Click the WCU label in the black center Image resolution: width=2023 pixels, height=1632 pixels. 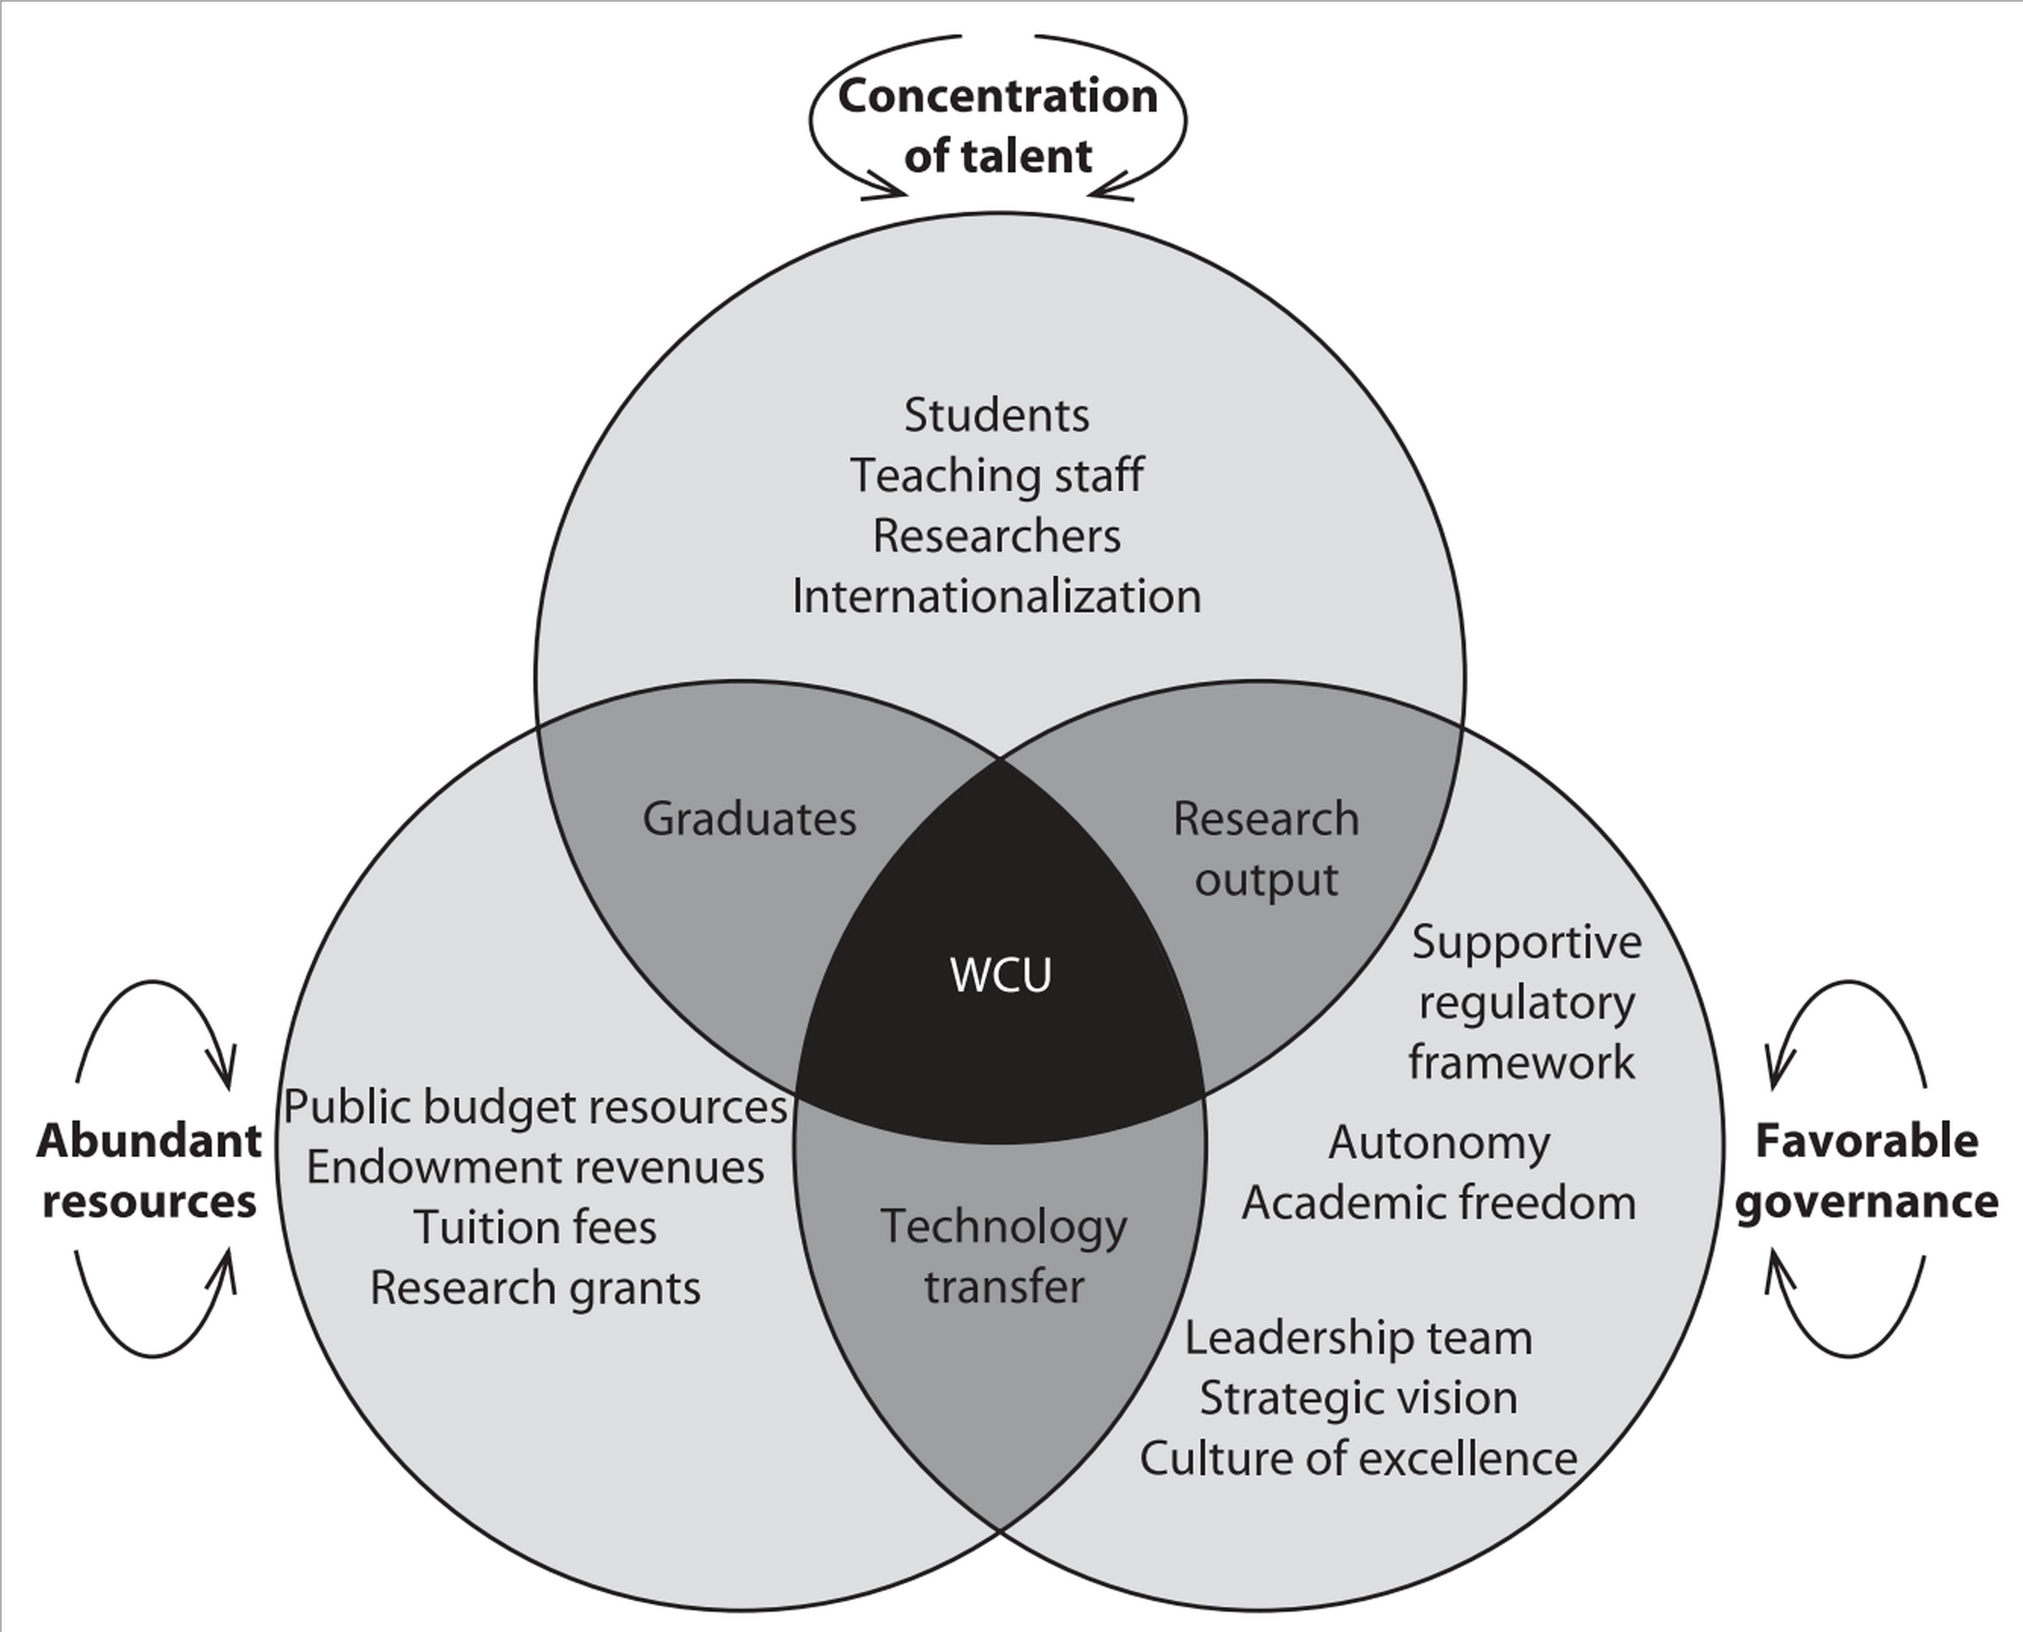coord(1001,976)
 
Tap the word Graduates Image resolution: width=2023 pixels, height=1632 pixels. coord(749,819)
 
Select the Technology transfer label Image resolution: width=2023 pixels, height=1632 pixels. coord(1003,1256)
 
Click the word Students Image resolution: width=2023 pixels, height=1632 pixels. coord(997,416)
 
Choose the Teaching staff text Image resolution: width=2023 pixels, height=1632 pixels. coord(997,475)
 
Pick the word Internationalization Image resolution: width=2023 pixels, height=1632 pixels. coord(997,597)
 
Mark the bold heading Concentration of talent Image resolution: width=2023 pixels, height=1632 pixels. coord(998,125)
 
